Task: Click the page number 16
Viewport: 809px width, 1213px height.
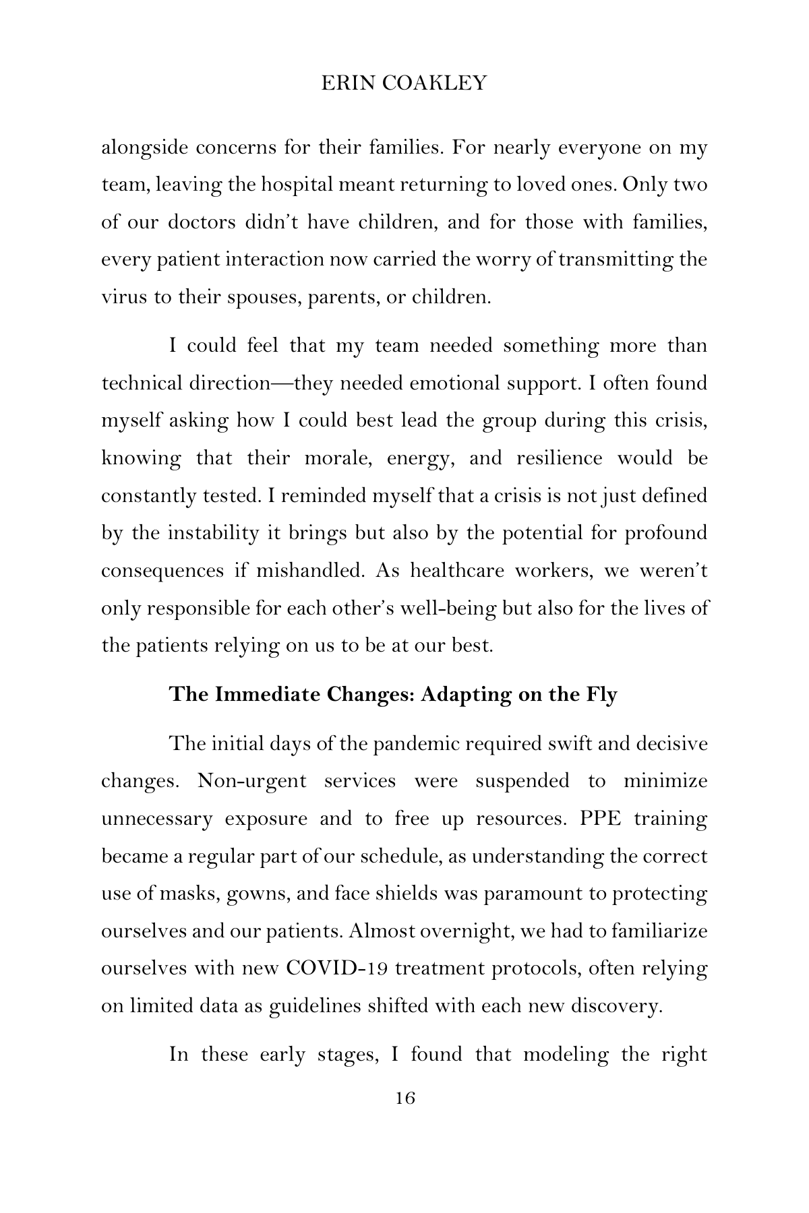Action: click(404, 1099)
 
